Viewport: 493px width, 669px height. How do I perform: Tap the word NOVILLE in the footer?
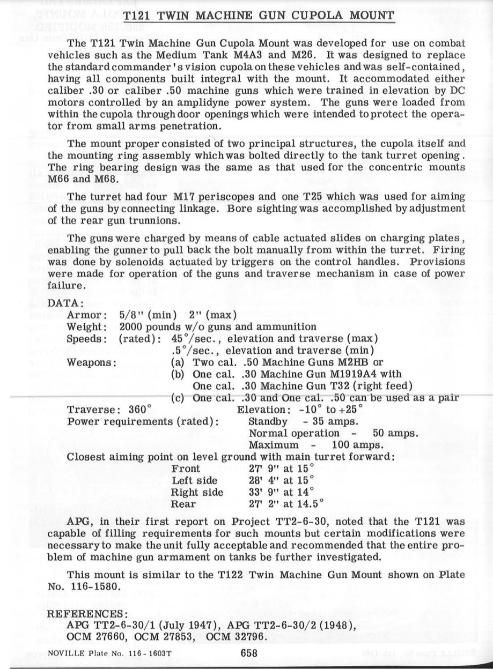[65, 653]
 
